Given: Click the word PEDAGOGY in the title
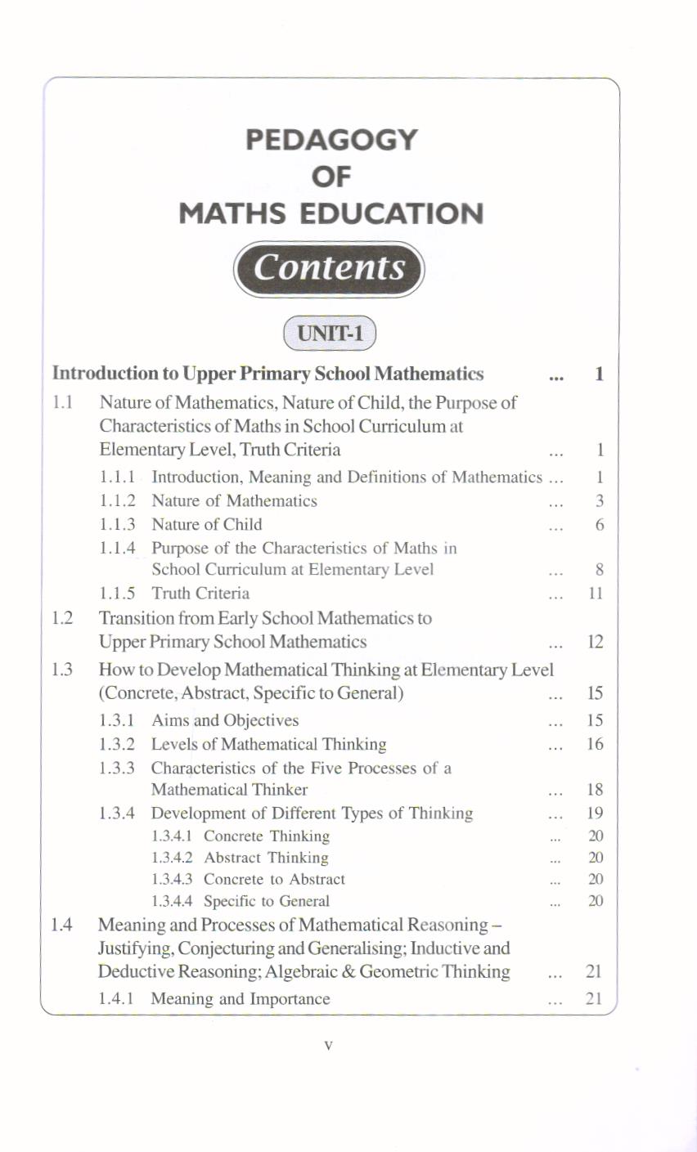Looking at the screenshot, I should (x=331, y=139).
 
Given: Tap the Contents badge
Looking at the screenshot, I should (x=329, y=267).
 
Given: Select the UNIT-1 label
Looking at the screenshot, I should (x=329, y=334).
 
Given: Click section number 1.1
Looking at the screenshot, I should (x=62, y=402).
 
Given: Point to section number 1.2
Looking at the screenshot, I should (x=62, y=618).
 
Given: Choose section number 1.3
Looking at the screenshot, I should (x=62, y=670).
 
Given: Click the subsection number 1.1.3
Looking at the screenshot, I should (x=117, y=524).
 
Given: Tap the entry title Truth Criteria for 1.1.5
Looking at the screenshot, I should (x=200, y=593).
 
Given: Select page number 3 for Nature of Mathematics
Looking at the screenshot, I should (x=599, y=501).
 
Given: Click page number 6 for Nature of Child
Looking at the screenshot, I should (x=599, y=525).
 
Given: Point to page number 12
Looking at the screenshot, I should (x=596, y=643).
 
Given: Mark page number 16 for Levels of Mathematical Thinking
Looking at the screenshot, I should (x=596, y=744).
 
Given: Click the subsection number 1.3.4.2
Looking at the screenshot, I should (x=173, y=858).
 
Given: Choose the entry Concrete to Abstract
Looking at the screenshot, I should (x=274, y=880).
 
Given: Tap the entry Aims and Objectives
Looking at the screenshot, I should (x=225, y=720).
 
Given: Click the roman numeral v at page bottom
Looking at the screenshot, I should (x=328, y=1045).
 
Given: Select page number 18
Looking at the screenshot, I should (x=596, y=790).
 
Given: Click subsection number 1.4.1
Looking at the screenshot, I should (x=116, y=999).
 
